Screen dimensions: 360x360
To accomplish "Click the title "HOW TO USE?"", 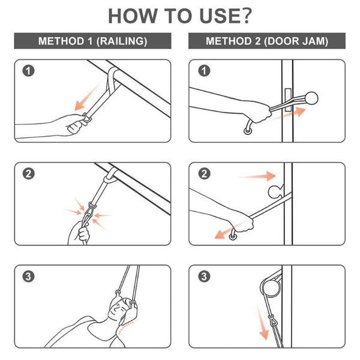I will tap(179, 17).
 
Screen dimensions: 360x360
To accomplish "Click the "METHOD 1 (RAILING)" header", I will tap(92, 41).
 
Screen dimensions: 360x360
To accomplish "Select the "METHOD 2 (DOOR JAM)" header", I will tap(267, 41).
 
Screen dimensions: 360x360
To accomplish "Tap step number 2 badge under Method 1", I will tap(28, 175).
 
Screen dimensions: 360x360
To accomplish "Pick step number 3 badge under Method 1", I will tap(28, 277).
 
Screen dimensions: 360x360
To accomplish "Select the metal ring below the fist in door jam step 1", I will tap(247, 130).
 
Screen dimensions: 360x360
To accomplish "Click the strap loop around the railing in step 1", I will tap(113, 76).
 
